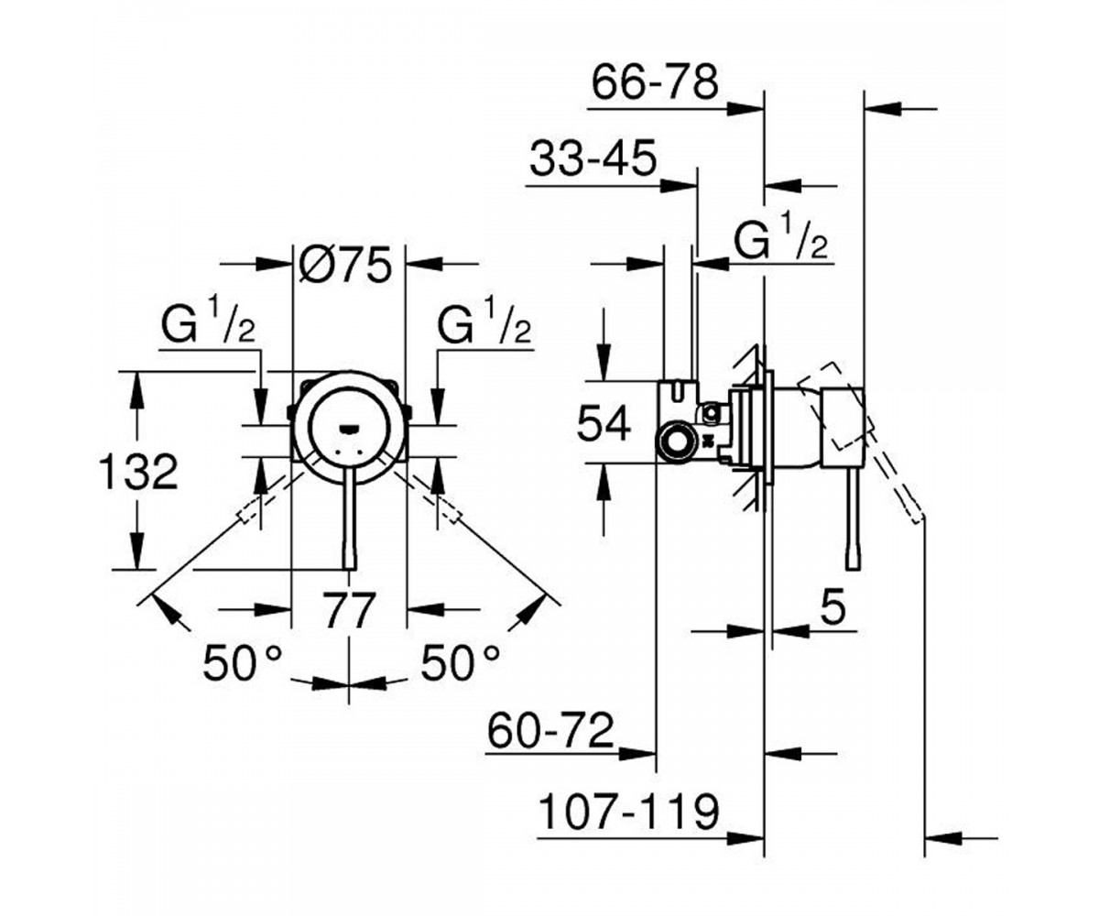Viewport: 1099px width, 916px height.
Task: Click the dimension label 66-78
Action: pos(655,82)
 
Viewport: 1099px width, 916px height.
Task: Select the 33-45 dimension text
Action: pos(593,158)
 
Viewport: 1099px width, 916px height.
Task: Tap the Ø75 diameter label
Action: pos(346,265)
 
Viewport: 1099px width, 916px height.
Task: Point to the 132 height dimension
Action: pos(138,472)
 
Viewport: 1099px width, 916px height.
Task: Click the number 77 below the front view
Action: pos(349,610)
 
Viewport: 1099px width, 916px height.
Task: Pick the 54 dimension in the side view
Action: pos(604,424)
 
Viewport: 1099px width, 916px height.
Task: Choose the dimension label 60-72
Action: pos(550,731)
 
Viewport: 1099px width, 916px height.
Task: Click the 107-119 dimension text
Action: pos(629,812)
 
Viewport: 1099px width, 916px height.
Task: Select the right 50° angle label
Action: pos(460,663)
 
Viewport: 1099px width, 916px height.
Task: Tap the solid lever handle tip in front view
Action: pos(350,563)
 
